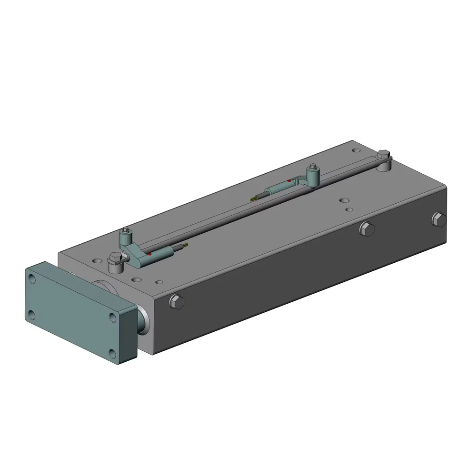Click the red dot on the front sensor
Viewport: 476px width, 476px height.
coord(149,254)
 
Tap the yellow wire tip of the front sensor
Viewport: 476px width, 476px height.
coord(187,245)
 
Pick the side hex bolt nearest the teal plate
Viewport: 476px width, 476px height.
coord(176,302)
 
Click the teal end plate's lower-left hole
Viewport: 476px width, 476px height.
coord(31,314)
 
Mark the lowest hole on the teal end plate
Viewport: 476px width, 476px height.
coord(113,353)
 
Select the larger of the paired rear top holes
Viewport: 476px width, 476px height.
coord(342,201)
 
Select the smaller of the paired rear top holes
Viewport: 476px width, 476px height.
coord(349,209)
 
